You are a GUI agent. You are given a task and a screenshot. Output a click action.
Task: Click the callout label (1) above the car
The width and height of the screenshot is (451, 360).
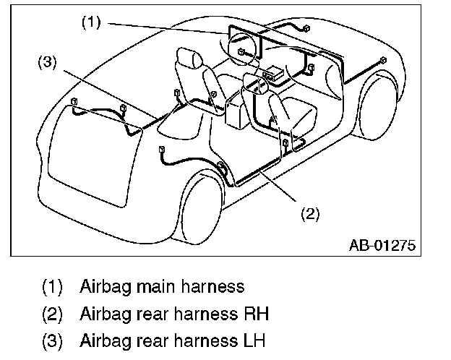90,22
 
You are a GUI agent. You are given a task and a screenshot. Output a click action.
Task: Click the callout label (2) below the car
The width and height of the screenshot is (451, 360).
309,214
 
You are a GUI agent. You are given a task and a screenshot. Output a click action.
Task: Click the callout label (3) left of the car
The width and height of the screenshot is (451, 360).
46,62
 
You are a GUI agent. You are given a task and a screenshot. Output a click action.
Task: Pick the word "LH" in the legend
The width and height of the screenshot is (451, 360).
256,340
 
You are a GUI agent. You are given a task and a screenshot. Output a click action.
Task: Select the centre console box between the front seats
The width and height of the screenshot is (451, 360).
236,111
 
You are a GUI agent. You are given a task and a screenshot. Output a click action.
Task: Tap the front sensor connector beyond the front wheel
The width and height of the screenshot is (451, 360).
384,60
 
